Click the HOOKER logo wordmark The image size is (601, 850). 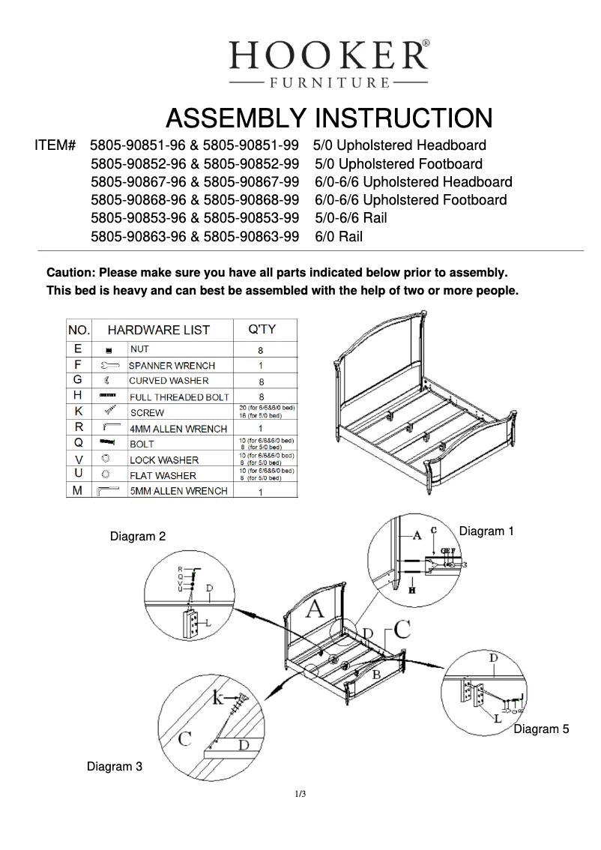click(x=328, y=55)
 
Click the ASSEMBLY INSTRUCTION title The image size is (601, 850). click(x=328, y=118)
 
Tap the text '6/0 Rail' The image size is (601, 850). click(x=339, y=237)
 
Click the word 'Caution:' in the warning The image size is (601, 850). click(x=71, y=272)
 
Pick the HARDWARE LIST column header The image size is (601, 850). click(x=159, y=330)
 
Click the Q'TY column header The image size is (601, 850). click(x=262, y=329)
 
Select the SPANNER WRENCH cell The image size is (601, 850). click(x=172, y=366)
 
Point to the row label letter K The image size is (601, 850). click(x=79, y=412)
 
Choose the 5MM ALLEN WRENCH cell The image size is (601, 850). click(x=178, y=492)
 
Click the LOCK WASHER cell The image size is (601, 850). click(x=164, y=459)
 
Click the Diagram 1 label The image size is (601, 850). click(x=486, y=531)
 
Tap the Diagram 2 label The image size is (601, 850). click(x=138, y=537)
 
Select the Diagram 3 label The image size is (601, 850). click(x=115, y=767)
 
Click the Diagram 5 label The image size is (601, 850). click(x=536, y=729)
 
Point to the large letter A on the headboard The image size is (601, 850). click(x=315, y=609)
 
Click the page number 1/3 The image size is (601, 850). click(x=300, y=794)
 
